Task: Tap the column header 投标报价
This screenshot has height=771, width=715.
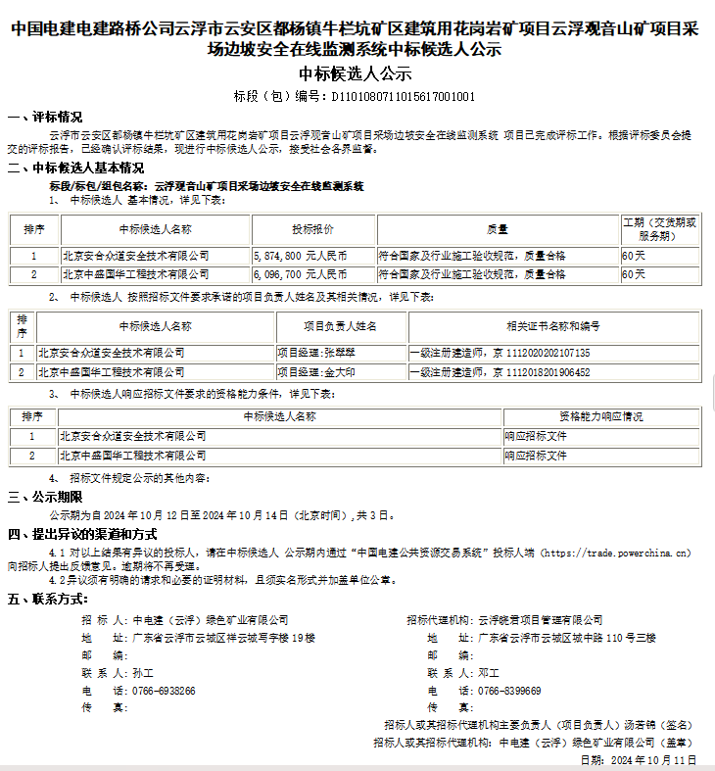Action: point(312,230)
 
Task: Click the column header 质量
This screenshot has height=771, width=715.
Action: point(498,230)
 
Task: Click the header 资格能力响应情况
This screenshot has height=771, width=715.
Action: point(600,416)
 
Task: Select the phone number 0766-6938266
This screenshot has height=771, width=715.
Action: point(164,691)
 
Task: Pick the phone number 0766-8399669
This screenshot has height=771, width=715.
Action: point(509,691)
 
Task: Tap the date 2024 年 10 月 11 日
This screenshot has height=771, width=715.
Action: point(653,759)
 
